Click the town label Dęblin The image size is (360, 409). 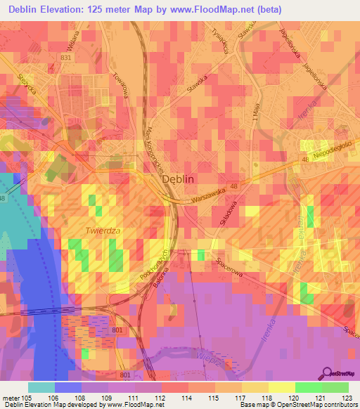pyautogui.click(x=178, y=179)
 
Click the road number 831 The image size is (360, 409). pyautogui.click(x=66, y=58)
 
